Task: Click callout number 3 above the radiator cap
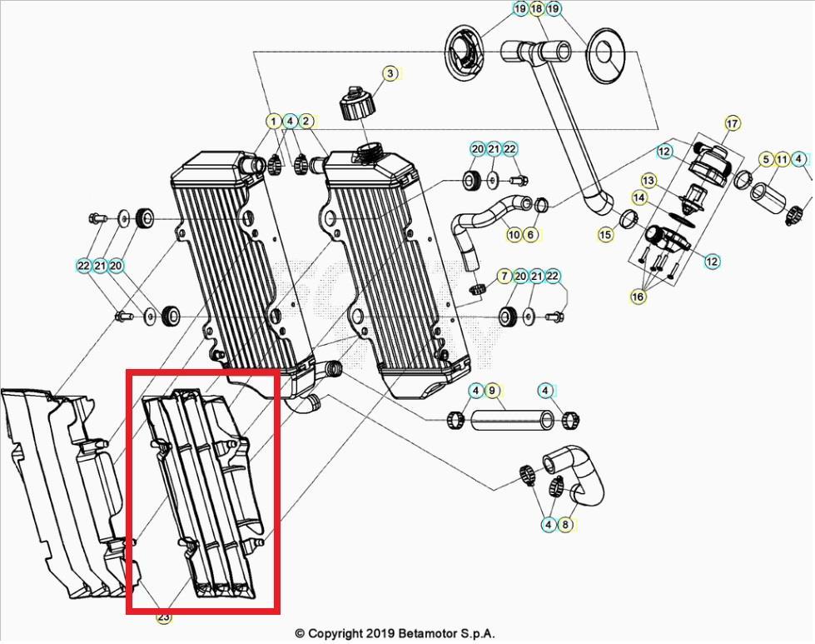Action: tap(390, 74)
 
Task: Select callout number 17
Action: tap(732, 124)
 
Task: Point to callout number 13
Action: tap(649, 181)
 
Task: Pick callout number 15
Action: tap(605, 235)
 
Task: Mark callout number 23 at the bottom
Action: tap(163, 617)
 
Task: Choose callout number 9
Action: tap(491, 390)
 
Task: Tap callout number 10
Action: tap(514, 235)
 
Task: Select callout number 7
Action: tap(504, 276)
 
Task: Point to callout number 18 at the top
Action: tap(536, 9)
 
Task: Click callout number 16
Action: tap(639, 297)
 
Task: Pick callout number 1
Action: tap(273, 122)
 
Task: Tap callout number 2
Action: tap(306, 122)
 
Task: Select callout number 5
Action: tap(765, 159)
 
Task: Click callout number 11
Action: tap(782, 159)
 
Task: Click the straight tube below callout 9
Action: tap(509, 418)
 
